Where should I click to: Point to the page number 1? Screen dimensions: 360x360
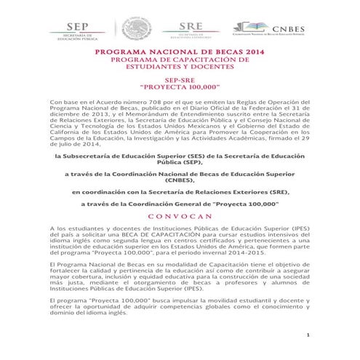(x=308, y=335)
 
